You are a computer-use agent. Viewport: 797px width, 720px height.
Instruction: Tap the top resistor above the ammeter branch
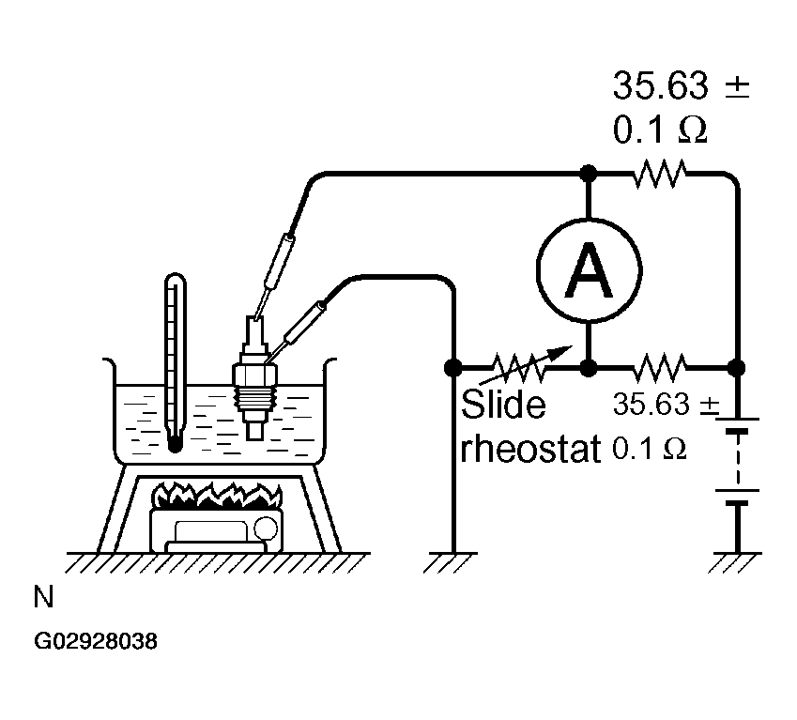[660, 174]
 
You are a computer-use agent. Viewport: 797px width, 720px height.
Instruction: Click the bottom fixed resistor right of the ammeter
[660, 367]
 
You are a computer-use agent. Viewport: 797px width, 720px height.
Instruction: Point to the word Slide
[503, 405]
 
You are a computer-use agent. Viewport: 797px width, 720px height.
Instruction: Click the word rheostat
[530, 449]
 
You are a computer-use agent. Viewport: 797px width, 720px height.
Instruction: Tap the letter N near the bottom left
[44, 597]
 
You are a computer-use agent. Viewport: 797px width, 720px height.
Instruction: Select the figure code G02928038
[96, 641]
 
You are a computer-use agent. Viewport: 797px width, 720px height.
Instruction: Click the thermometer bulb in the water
[175, 445]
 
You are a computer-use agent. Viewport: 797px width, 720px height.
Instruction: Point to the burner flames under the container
[218, 496]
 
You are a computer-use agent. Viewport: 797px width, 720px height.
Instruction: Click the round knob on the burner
[266, 529]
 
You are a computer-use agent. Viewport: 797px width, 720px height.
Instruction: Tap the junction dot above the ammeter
[589, 174]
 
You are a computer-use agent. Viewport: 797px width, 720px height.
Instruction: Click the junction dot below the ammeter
[589, 367]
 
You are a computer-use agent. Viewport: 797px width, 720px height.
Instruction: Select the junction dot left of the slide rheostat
[452, 367]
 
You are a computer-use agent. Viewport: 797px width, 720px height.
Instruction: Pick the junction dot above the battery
[737, 367]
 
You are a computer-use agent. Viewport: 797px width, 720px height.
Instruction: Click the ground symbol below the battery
[737, 561]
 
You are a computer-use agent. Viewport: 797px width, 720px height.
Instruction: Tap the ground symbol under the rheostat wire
[452, 561]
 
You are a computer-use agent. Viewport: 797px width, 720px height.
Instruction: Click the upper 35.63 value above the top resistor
[660, 85]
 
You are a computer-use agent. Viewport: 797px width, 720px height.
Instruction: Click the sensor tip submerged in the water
[254, 430]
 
